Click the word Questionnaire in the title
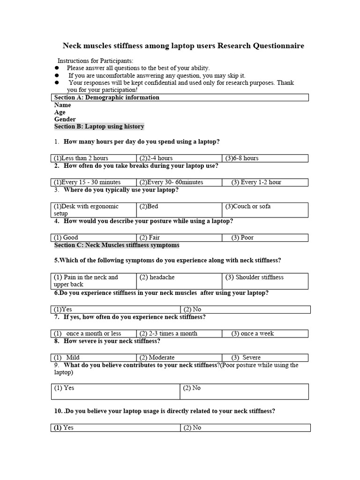pyautogui.click(x=278, y=46)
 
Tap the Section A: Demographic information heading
pyautogui.click(x=107, y=97)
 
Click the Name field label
pyautogui.click(x=63, y=105)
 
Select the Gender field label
pyautogui.click(x=65, y=120)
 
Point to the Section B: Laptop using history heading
pyautogui.click(x=99, y=127)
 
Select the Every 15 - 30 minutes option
pyautogui.click(x=87, y=182)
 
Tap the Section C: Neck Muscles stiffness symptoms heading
pyautogui.click(x=117, y=245)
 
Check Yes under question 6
pyautogui.click(x=63, y=309)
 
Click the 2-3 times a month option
pyautogui.click(x=168, y=333)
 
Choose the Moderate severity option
pyautogui.click(x=157, y=357)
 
